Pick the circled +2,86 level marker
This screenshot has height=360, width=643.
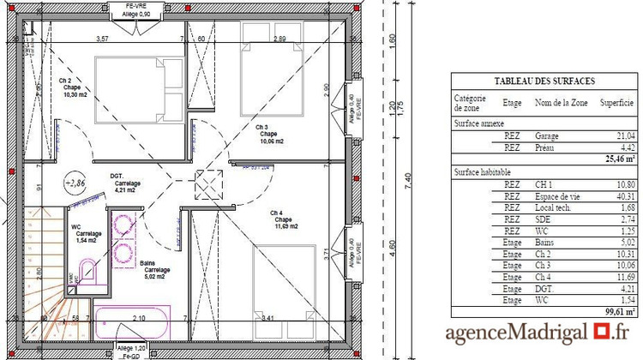point(75,183)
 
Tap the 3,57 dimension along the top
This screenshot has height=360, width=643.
point(102,39)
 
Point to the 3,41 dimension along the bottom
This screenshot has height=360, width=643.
point(267,318)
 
